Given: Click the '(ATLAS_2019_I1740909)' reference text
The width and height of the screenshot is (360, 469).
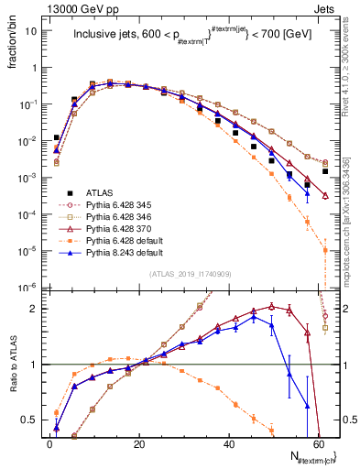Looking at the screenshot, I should coord(190,274).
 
